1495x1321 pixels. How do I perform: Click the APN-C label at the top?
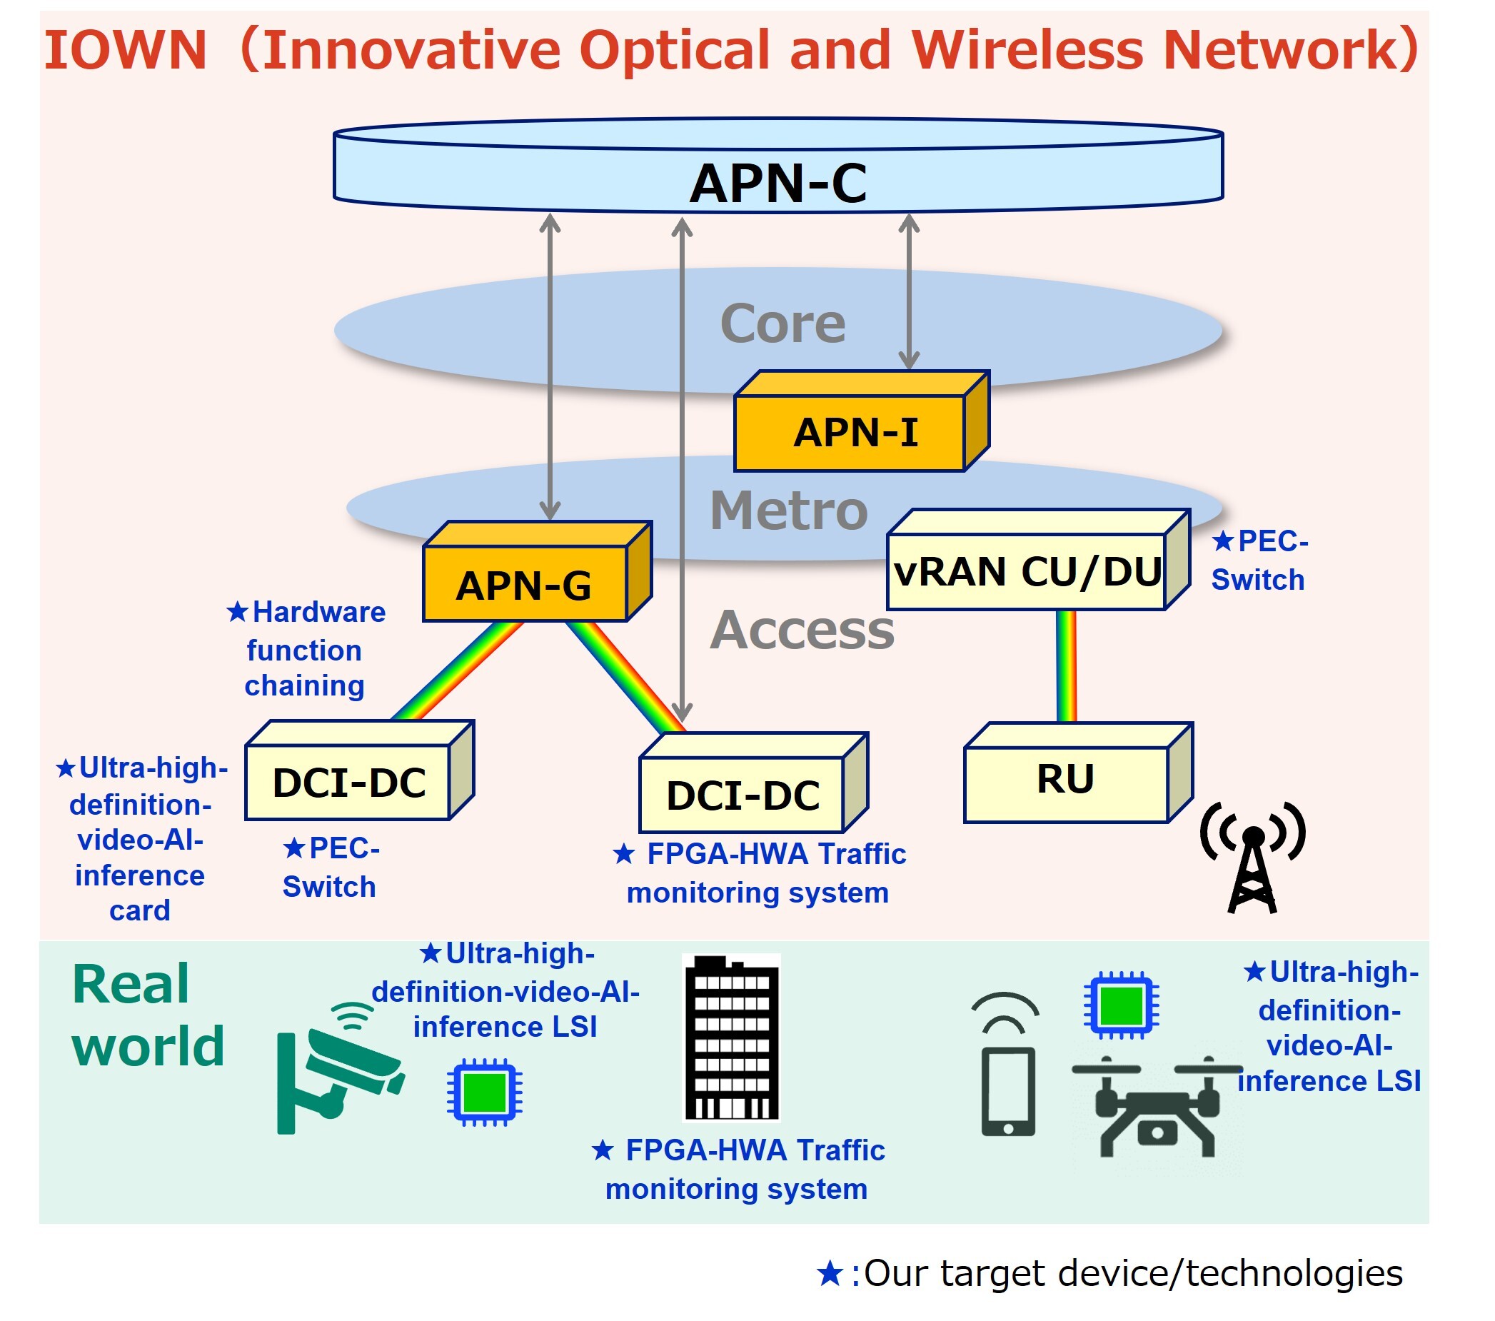pyautogui.click(x=778, y=183)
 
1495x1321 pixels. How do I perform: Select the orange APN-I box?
pyautogui.click(x=856, y=431)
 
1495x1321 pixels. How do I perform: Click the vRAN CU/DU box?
pyautogui.click(x=1027, y=571)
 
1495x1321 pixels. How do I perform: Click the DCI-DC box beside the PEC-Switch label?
pyautogui.click(x=350, y=781)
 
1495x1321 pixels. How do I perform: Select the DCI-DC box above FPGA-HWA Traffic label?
pyautogui.click(x=743, y=794)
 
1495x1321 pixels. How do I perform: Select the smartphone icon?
pyautogui.click(x=1008, y=1090)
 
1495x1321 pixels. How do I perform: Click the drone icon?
pyautogui.click(x=1157, y=1107)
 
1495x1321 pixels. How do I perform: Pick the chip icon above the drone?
pyautogui.click(x=1120, y=1005)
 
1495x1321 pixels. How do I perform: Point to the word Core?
pyautogui.click(x=782, y=323)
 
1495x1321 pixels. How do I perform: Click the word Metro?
pyautogui.click(x=788, y=511)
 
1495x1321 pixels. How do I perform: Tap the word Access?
pyautogui.click(x=802, y=630)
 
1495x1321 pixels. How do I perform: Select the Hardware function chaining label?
pyautogui.click(x=306, y=650)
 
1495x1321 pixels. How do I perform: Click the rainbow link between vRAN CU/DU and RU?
pyautogui.click(x=1067, y=665)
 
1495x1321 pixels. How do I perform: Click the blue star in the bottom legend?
pyautogui.click(x=830, y=1273)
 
